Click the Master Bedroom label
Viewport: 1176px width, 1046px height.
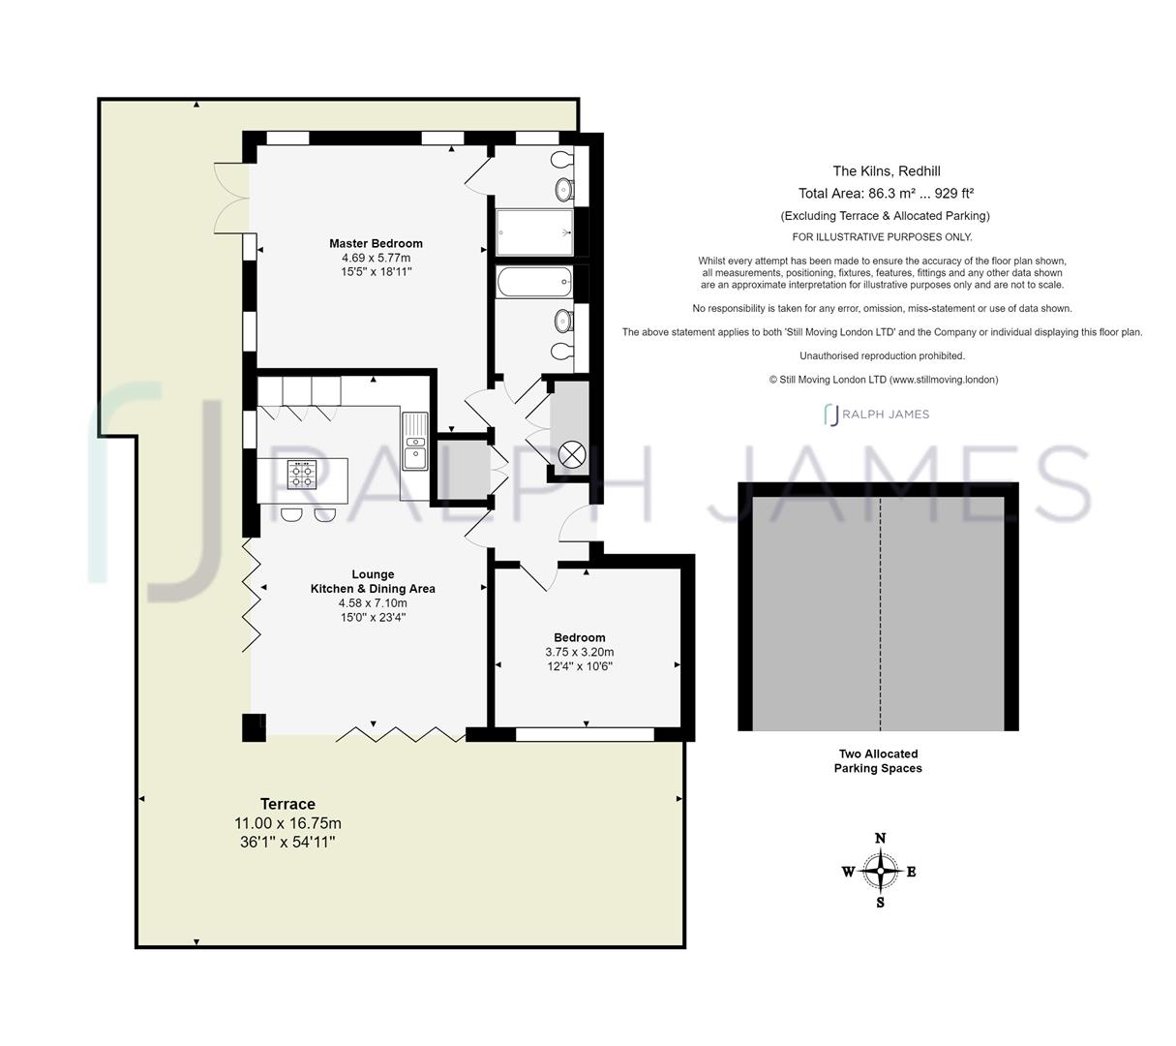click(376, 243)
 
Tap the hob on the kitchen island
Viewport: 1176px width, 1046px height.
click(302, 475)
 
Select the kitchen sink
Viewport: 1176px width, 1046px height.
click(415, 441)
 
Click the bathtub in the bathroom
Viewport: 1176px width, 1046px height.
click(534, 282)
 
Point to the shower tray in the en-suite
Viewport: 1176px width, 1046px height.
click(534, 231)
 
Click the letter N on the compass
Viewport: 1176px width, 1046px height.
click(880, 838)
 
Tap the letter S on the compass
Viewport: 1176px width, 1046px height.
click(880, 903)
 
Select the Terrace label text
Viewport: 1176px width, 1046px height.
click(287, 804)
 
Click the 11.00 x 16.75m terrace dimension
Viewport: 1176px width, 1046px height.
click(287, 823)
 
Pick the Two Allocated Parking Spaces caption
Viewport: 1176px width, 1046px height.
click(878, 761)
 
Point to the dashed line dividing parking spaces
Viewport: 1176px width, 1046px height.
click(880, 613)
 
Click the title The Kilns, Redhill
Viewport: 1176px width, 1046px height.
click(887, 170)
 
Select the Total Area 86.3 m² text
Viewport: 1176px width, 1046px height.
click(886, 193)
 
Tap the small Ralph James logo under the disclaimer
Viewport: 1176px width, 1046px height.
click(877, 415)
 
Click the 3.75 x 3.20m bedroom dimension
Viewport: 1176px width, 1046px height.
click(580, 652)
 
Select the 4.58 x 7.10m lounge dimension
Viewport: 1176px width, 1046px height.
click(373, 602)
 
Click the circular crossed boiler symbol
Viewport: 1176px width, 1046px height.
click(571, 454)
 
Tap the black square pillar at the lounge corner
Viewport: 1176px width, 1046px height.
click(254, 727)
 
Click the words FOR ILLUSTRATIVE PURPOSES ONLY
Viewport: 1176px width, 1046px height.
click(882, 237)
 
